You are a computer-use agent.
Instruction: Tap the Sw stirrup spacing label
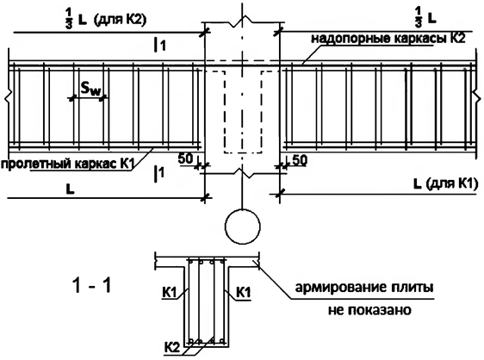[90, 89]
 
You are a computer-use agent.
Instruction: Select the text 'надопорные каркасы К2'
[388, 39]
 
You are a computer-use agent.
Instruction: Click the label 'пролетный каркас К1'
[67, 164]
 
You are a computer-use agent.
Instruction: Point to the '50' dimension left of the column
[185, 158]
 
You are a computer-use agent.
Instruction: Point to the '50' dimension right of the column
[300, 160]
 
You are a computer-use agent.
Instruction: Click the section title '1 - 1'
[91, 285]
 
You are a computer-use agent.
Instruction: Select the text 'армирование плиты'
[364, 288]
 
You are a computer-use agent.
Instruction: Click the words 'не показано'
[369, 310]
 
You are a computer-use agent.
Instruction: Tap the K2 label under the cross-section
[172, 348]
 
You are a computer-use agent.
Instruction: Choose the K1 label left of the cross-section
[169, 292]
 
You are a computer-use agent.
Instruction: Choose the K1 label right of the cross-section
[244, 292]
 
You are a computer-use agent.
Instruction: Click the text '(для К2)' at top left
[121, 20]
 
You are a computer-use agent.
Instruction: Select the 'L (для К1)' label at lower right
[446, 184]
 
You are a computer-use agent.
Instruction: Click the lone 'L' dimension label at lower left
[71, 189]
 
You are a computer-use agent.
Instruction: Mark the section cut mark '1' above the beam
[160, 46]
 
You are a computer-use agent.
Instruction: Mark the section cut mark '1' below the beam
[159, 173]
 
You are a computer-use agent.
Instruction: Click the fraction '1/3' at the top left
[68, 19]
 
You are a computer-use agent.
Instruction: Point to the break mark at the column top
[243, 21]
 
